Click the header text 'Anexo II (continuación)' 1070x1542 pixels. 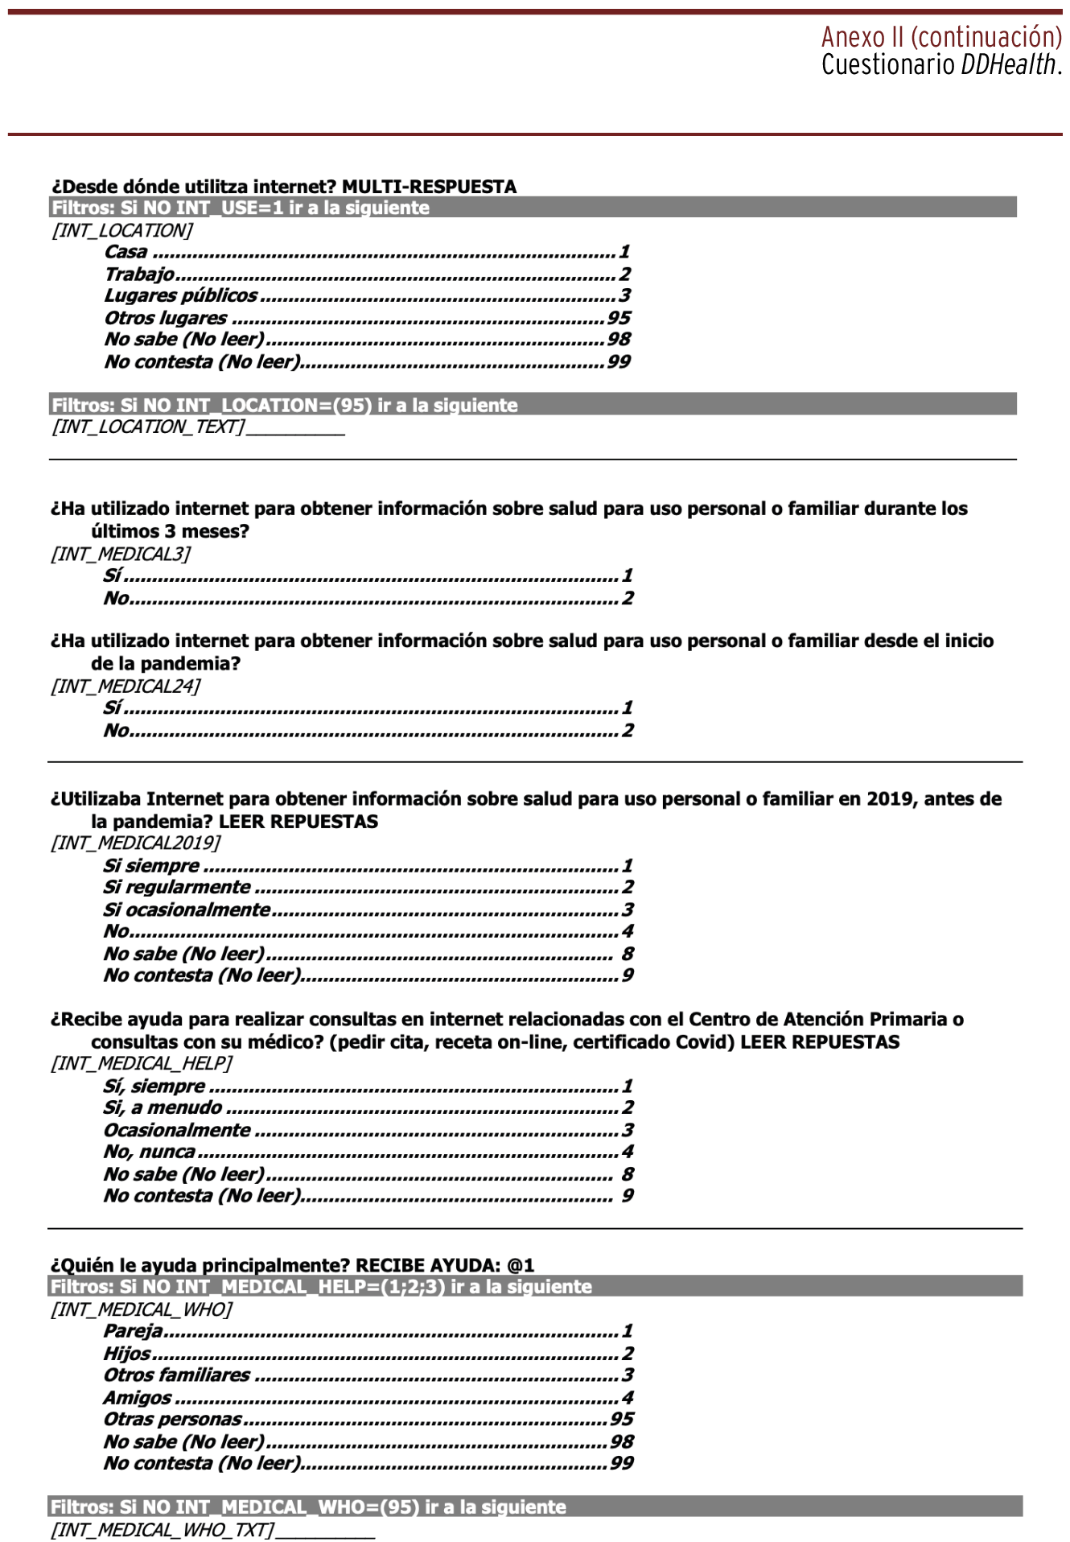point(940,37)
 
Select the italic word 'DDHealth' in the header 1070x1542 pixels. point(1008,65)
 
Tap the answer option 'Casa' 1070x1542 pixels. point(126,252)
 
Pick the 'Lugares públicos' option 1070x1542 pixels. point(180,295)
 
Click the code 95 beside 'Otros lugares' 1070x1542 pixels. point(618,318)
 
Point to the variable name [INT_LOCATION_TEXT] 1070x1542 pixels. point(148,427)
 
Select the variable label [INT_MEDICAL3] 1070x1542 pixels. point(121,554)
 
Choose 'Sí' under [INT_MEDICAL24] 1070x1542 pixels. point(112,707)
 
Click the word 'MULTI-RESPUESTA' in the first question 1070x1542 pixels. point(429,187)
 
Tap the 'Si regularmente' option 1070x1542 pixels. point(176,887)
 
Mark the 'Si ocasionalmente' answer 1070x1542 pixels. point(186,909)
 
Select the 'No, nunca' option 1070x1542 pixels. point(149,1152)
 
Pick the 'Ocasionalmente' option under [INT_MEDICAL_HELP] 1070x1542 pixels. point(177,1130)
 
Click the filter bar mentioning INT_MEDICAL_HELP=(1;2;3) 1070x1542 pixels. point(535,1286)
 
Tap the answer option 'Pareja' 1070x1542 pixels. point(133,1331)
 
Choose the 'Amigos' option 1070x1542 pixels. point(137,1398)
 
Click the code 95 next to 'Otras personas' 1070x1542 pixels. point(621,1419)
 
